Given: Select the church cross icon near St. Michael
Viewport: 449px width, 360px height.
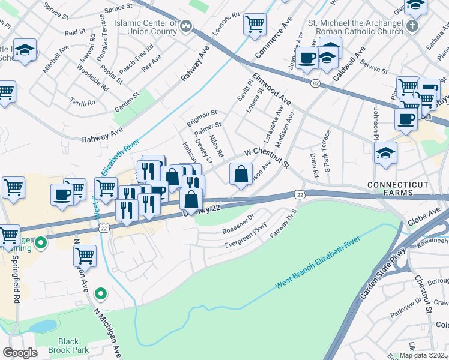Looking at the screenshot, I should [x=412, y=26].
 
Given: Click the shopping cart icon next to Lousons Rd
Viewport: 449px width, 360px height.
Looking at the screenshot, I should [x=255, y=25].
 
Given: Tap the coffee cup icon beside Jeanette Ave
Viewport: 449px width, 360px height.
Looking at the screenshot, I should [x=307, y=58].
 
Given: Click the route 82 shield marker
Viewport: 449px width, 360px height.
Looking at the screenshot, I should [x=315, y=84].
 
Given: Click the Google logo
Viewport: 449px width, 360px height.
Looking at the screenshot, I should [x=20, y=353].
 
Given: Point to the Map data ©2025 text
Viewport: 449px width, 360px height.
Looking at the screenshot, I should [x=423, y=355].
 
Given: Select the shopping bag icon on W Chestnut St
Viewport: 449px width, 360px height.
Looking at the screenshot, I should [x=240, y=175].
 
